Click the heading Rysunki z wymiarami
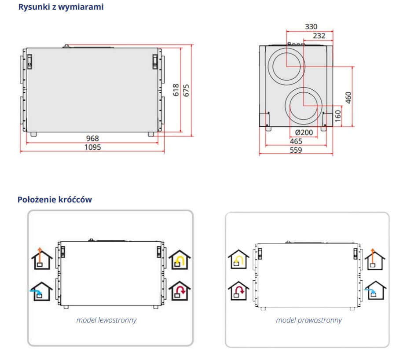point(61,7)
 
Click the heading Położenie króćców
point(55,199)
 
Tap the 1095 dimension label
point(92,147)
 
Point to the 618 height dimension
point(176,90)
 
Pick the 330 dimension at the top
point(311,27)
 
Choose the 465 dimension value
point(296,141)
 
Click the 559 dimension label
point(296,150)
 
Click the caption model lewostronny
point(106,320)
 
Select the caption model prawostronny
point(308,320)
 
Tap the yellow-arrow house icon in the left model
point(179,261)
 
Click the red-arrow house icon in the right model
point(238,291)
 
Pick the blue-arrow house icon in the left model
point(42,291)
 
